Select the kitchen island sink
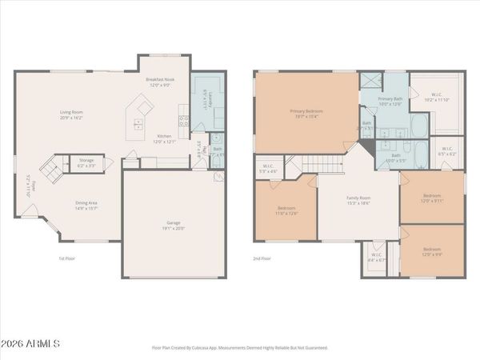point(138,124)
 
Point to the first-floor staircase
point(50,169)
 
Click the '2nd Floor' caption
point(262,258)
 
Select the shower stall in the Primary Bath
point(370,80)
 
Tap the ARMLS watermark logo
point(32,344)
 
